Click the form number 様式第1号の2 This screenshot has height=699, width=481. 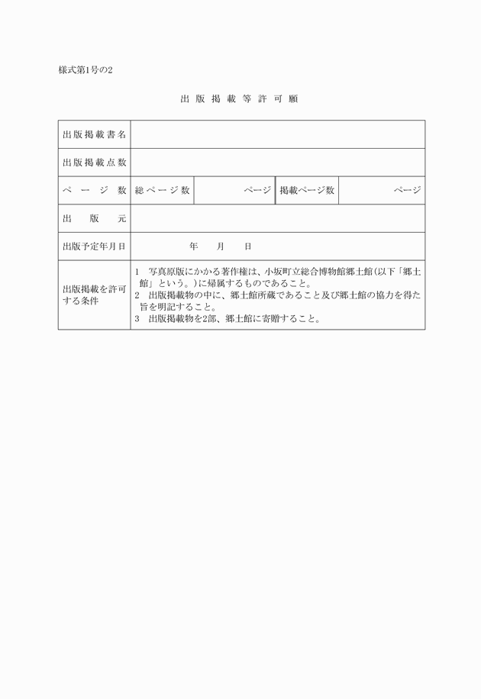(x=86, y=71)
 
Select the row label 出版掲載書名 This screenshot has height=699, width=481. (x=94, y=135)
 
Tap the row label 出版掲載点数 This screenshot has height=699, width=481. (x=94, y=163)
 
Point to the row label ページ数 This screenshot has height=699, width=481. (x=94, y=191)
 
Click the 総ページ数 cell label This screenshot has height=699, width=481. (x=162, y=191)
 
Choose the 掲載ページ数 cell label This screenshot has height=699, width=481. (x=307, y=191)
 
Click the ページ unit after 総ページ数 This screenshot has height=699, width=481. (x=257, y=191)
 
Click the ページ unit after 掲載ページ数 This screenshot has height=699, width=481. (x=407, y=191)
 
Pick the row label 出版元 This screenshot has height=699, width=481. (x=94, y=219)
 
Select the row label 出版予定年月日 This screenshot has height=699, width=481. (x=94, y=247)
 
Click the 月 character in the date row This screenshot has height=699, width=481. (x=221, y=247)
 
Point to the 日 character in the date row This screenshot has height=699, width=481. (x=248, y=247)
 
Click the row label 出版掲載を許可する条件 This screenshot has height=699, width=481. (x=94, y=295)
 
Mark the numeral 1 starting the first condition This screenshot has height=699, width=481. (x=137, y=272)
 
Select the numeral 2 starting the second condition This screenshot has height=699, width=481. (x=137, y=295)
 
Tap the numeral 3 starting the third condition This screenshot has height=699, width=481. (x=137, y=320)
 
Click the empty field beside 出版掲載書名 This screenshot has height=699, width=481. (x=277, y=135)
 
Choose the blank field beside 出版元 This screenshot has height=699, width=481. (x=277, y=219)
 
